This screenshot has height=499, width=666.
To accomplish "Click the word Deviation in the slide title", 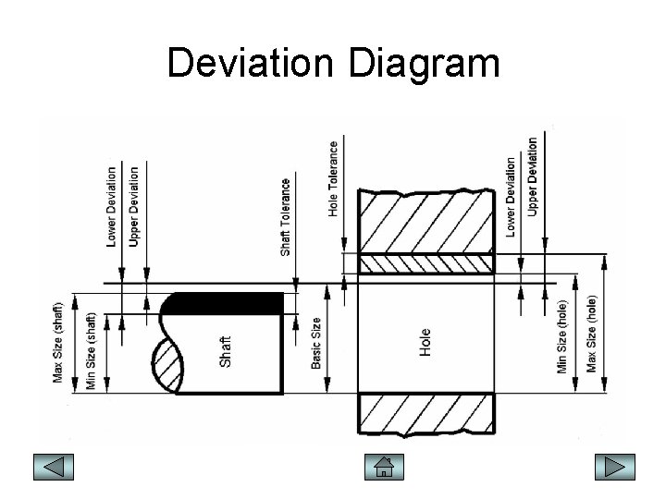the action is [x=249, y=64].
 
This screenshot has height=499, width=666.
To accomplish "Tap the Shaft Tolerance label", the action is [x=286, y=217].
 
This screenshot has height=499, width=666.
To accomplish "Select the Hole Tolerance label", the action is [x=333, y=177].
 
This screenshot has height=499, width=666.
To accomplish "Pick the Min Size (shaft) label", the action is [x=91, y=350].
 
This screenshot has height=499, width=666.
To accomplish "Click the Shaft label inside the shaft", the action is [x=226, y=349].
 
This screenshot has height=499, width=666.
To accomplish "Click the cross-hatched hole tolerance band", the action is [x=425, y=263].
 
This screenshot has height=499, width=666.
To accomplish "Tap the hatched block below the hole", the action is [x=425, y=413].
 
